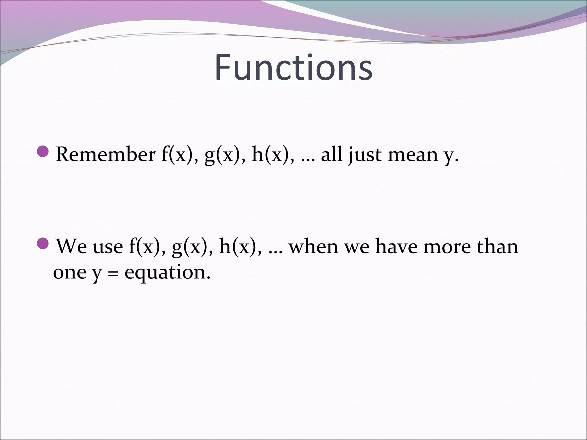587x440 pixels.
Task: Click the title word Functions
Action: tap(293, 68)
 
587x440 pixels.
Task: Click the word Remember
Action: tap(105, 155)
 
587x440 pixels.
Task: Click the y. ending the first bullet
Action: tap(449, 156)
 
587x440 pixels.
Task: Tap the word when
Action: tap(314, 246)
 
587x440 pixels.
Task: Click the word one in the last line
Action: tap(69, 272)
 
